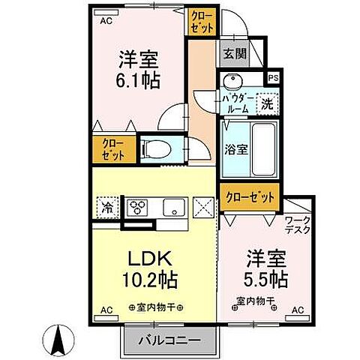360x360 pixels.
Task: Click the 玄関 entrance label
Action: tap(231, 54)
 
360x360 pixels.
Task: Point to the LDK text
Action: tap(151, 258)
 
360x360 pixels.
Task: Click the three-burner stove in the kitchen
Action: tap(139, 207)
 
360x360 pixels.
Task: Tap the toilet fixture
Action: tap(158, 148)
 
